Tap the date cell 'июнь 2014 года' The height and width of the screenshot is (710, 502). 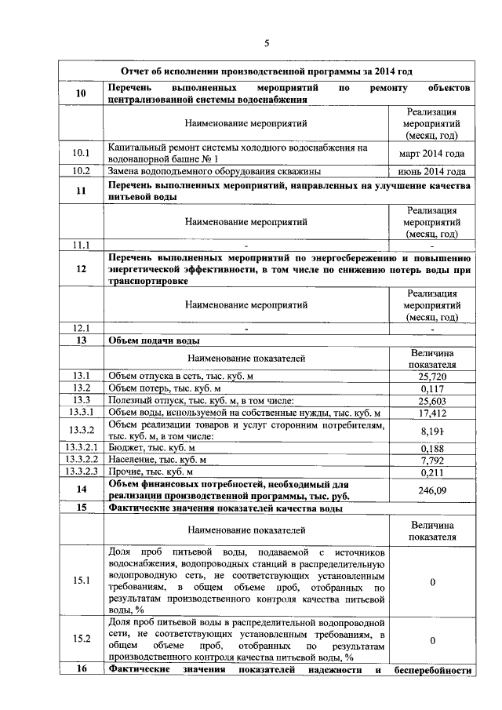tap(432, 171)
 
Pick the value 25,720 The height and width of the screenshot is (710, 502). tap(432, 377)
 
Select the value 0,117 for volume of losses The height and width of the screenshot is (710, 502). tap(432, 388)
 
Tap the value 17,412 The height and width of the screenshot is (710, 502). tap(432, 413)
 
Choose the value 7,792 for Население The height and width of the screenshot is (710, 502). tap(432, 460)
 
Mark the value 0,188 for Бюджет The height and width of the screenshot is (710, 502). tap(432, 448)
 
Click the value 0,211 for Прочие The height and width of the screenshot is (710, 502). tap(432, 472)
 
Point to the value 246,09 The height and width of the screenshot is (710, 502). tap(432, 490)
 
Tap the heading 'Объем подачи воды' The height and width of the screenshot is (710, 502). tap(154, 341)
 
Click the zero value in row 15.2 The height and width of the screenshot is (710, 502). tap(432, 640)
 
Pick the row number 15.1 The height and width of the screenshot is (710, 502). tap(81, 581)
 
